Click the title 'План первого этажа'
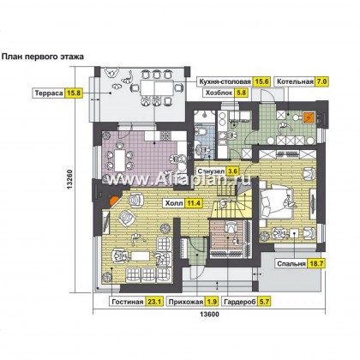(x=43, y=57)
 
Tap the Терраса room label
(x=49, y=93)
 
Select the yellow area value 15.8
(x=75, y=93)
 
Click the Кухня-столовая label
(x=225, y=81)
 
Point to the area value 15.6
(x=261, y=81)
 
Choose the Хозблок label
(x=219, y=93)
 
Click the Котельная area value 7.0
(x=321, y=81)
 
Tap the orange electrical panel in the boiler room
(x=309, y=117)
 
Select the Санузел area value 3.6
(x=232, y=171)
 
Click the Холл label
(x=174, y=203)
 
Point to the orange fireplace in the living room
(x=115, y=201)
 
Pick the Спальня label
(x=291, y=264)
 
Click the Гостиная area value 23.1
(x=154, y=302)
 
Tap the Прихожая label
(x=186, y=302)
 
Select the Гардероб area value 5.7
(x=264, y=302)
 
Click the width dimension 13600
(x=209, y=315)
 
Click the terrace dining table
(x=157, y=88)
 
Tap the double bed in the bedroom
(x=276, y=201)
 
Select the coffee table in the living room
(x=141, y=255)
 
